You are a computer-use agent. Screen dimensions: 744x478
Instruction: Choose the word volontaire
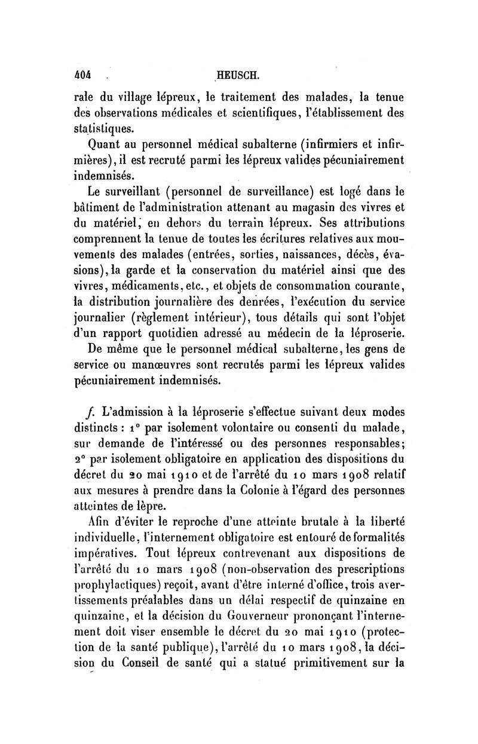click(242, 428)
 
